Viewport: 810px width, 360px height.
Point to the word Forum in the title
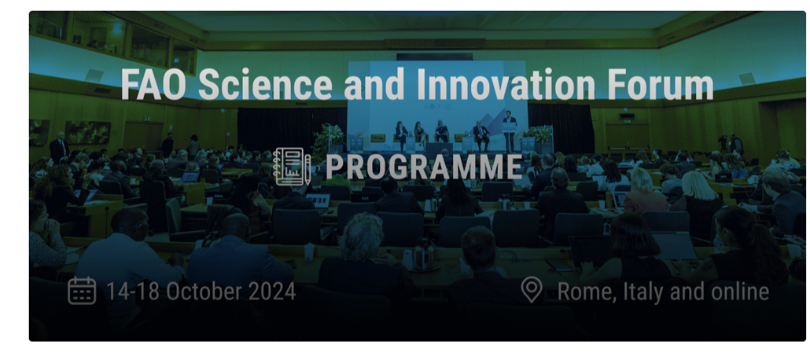point(659,85)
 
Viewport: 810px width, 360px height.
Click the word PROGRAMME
point(424,167)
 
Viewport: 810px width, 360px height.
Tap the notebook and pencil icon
point(292,167)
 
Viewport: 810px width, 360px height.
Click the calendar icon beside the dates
point(82,291)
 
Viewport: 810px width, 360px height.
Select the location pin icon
point(532,291)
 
